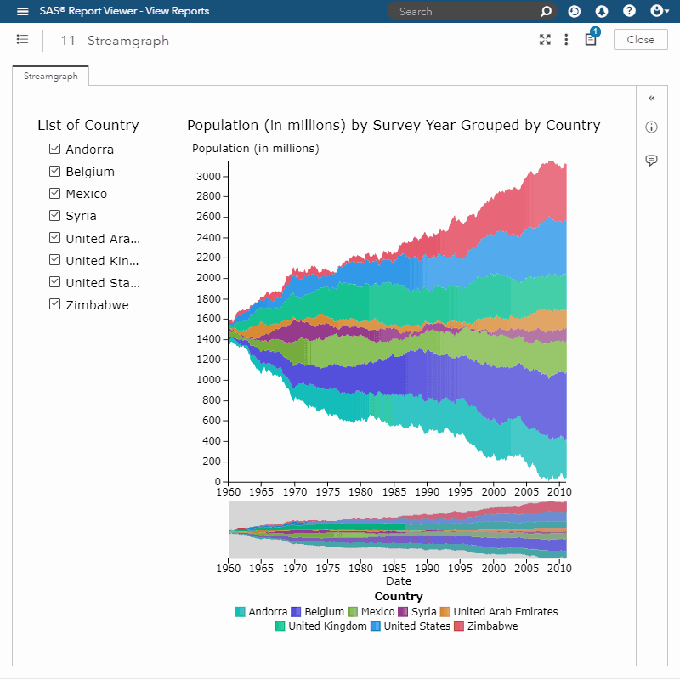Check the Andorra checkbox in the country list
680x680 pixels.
coord(54,149)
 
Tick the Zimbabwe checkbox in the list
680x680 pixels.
coord(54,304)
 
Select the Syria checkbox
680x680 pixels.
coord(54,215)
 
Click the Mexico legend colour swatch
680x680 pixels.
coord(353,612)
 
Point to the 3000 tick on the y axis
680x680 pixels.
coord(209,176)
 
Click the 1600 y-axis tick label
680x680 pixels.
coord(209,319)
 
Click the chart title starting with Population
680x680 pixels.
coord(394,125)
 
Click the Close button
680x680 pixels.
coord(640,40)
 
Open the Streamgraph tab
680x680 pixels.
coord(51,76)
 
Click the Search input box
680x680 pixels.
coord(467,11)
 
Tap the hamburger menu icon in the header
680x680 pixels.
coord(23,11)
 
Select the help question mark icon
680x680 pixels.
coord(629,11)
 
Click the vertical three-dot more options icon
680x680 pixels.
coord(566,40)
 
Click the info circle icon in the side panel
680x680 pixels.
coord(652,127)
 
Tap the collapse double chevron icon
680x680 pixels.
coord(652,99)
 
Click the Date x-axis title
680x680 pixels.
coord(398,581)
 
